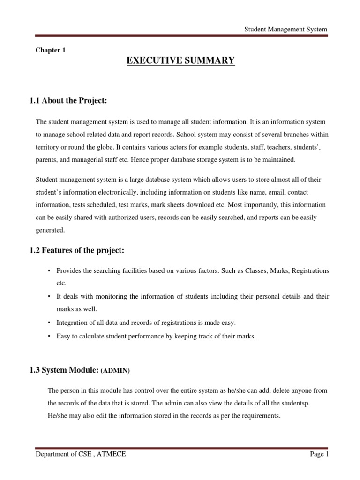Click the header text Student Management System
(x=286, y=30)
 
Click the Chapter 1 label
(x=51, y=50)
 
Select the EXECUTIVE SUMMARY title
(x=180, y=61)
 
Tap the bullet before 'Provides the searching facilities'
(x=49, y=271)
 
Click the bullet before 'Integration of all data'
(x=49, y=322)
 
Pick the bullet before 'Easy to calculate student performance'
(x=49, y=336)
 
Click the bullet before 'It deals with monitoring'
(x=49, y=297)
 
